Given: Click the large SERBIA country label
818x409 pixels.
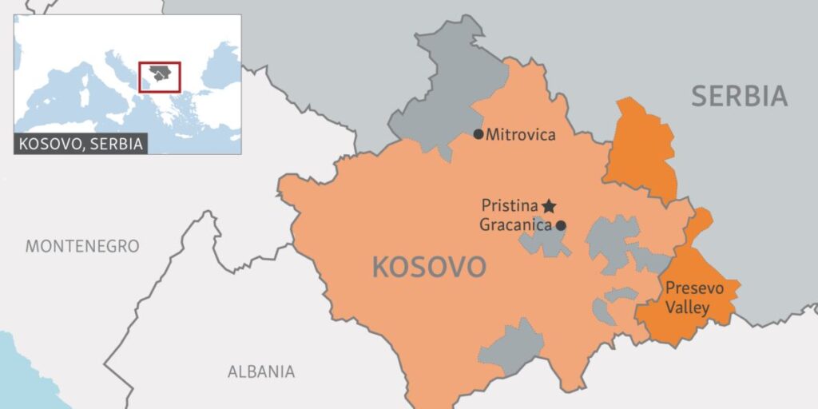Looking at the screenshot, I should pyautogui.click(x=739, y=97).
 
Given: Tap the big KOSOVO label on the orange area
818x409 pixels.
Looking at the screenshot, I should pyautogui.click(x=429, y=267).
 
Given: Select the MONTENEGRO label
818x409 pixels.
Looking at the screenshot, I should pyautogui.click(x=82, y=246).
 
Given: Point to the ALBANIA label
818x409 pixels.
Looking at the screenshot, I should pyautogui.click(x=260, y=371).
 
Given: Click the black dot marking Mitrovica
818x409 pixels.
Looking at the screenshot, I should pyautogui.click(x=478, y=134).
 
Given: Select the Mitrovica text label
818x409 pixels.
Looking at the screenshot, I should pyautogui.click(x=520, y=135).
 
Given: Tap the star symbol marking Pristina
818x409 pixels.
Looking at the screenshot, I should pyautogui.click(x=549, y=205).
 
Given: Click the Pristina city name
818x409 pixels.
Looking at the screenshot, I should pyautogui.click(x=509, y=205).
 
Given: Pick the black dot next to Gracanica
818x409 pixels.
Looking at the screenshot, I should pyautogui.click(x=561, y=225).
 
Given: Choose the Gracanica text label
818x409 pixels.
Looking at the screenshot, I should pyautogui.click(x=516, y=225).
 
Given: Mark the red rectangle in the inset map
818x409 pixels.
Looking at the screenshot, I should pyautogui.click(x=160, y=77).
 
